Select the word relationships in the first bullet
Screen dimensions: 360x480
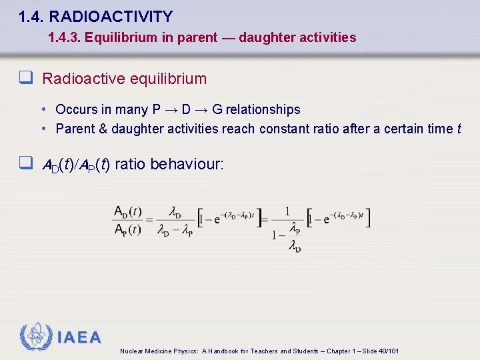tap(263, 109)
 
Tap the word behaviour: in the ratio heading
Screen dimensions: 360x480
tap(187, 163)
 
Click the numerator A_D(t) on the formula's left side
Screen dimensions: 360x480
tap(127, 211)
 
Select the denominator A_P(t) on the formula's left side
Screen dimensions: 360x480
tap(127, 230)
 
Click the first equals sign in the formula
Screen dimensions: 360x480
tap(149, 221)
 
